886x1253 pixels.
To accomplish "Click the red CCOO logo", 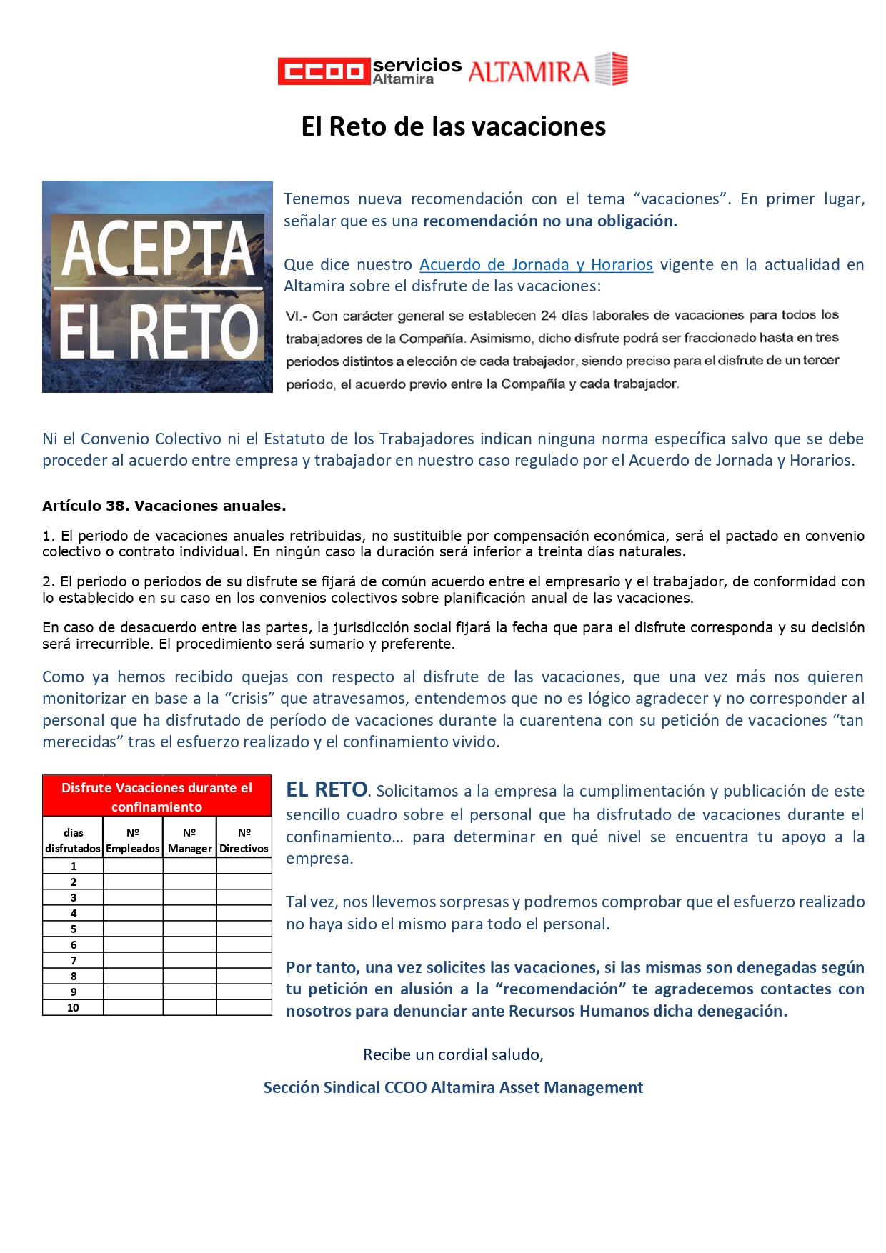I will (324, 71).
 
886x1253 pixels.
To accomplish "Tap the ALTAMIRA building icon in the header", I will (612, 69).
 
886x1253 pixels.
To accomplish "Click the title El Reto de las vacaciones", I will (453, 126).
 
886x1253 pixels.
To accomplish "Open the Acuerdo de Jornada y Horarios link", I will (536, 264).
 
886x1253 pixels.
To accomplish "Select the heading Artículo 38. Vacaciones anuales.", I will (164, 506).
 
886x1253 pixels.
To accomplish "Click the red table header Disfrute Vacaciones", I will (156, 797).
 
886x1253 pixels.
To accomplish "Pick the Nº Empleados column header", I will (133, 840).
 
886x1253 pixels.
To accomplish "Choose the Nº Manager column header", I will (189, 840).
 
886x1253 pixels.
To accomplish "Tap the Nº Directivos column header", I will (244, 840).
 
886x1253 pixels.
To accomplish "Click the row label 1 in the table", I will (73, 866).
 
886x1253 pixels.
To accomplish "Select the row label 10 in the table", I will (73, 1007).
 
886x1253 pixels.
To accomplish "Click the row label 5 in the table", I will (73, 929).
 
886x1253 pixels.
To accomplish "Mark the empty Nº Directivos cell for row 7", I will (244, 960).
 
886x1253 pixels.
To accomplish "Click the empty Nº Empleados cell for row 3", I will (133, 897).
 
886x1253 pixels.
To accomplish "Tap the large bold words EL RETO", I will (327, 789).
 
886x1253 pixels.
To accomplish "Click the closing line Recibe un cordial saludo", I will (453, 1054).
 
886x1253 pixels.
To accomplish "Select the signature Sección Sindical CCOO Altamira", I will (453, 1087).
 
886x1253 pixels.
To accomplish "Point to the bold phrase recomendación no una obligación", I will (549, 221).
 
